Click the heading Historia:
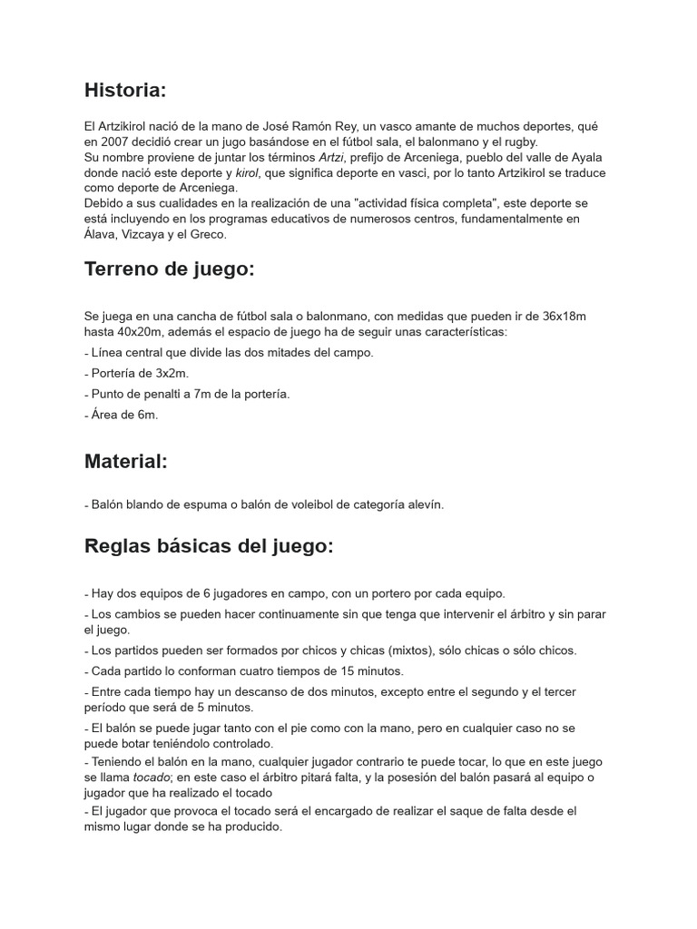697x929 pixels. tap(125, 90)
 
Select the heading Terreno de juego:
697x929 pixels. tap(169, 269)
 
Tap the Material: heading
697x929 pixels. tap(126, 461)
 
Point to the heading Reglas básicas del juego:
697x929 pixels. tap(209, 546)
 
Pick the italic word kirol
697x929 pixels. tap(248, 172)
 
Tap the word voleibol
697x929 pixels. tap(282, 504)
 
